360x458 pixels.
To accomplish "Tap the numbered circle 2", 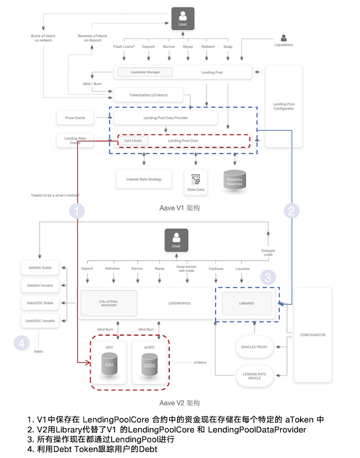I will tap(292, 211).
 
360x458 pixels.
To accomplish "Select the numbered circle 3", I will tap(268, 278).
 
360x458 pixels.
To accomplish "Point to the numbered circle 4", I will tap(22, 343).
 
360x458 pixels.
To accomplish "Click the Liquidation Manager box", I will tap(145, 72).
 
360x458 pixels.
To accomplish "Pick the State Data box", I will tap(196, 180).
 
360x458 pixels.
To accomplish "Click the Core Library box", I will tap(133, 140).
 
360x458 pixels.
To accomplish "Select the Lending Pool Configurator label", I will tap(283, 106).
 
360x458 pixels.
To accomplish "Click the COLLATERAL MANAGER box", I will tap(109, 303).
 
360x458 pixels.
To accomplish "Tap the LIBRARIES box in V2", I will tap(247, 303).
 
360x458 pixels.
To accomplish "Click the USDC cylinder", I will tap(149, 363).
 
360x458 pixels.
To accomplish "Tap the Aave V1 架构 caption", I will tap(179, 207).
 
